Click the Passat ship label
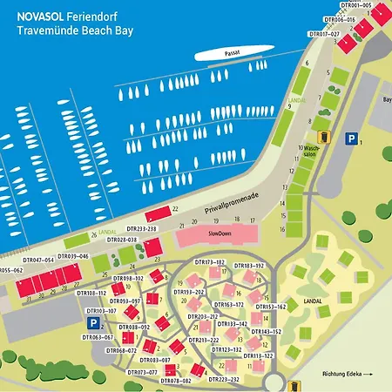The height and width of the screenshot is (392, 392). click(231, 52)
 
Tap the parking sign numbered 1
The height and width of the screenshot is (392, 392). click(351, 139)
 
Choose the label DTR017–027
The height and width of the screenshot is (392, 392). click(324, 33)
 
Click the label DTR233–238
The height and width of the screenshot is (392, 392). click(139, 229)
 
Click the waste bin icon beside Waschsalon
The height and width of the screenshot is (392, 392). click(325, 137)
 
